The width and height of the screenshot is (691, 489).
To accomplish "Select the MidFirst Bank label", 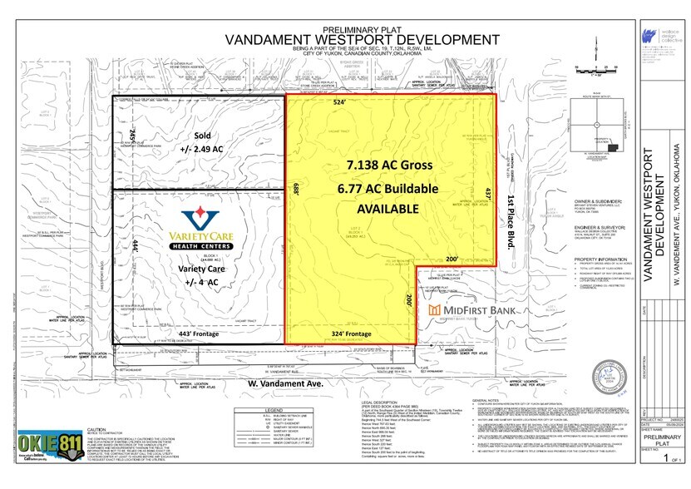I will pos(469,310).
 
